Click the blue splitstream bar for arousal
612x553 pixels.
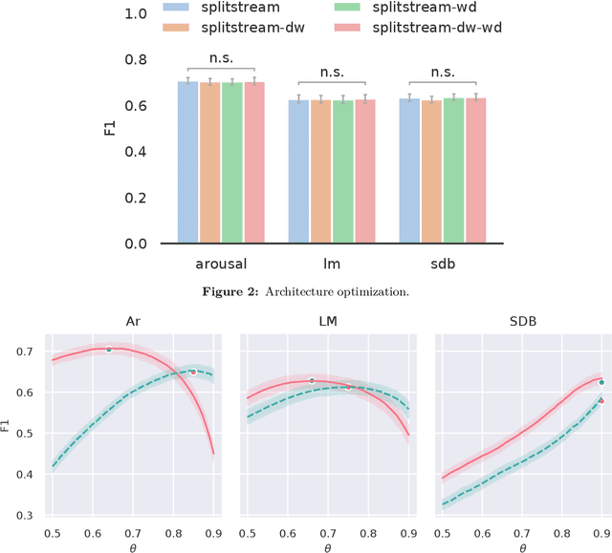188,162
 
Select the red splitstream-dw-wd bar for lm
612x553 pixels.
365,172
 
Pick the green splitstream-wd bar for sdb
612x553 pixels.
453,171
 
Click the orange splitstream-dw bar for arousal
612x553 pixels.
210,163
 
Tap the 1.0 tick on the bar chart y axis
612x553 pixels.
137,14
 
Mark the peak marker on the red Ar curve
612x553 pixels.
108,350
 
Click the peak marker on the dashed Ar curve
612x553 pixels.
192,372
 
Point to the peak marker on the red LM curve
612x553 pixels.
312,381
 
